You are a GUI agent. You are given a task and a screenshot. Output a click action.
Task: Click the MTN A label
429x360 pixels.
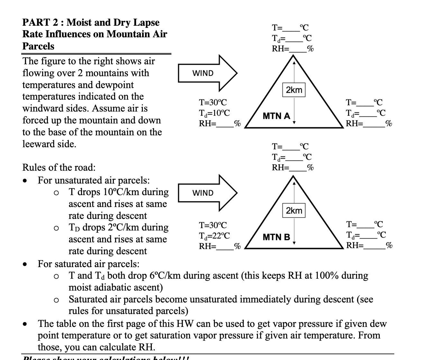pos(276,116)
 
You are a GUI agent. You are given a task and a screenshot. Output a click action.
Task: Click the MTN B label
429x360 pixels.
pos(276,238)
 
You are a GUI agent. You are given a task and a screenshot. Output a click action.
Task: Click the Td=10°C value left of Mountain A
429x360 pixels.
pos(214,113)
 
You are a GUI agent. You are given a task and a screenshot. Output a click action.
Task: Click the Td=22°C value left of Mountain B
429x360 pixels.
pos(214,236)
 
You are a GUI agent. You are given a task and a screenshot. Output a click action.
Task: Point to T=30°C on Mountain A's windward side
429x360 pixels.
pos(213,103)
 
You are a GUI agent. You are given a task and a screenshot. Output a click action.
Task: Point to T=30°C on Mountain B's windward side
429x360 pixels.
pos(213,225)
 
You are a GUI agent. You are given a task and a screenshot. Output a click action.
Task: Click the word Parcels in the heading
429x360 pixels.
pos(38,46)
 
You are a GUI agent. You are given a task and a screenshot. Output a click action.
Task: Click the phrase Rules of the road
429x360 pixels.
pos(59,167)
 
